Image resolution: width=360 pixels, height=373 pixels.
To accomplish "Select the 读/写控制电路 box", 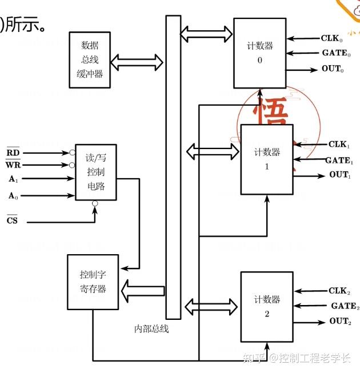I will click(95, 172).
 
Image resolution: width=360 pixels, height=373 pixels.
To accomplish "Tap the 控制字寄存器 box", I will click(93, 282).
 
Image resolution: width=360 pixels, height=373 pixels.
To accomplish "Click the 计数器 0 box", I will click(259, 53).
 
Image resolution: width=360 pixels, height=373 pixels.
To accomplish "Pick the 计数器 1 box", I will click(267, 159).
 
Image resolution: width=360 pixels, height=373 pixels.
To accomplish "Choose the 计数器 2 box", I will click(267, 307).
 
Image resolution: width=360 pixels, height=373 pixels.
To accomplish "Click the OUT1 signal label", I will click(339, 175).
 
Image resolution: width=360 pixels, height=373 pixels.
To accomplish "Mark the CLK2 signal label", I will click(339, 291).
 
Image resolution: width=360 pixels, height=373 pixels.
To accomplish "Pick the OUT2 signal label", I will click(339, 322).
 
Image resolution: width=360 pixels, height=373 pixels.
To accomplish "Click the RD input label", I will click(13, 153).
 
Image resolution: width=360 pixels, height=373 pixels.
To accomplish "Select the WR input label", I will click(13, 165).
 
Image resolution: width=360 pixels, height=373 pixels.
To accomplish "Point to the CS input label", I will click(12, 220).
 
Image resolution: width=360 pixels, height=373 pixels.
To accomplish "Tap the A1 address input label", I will click(13, 179).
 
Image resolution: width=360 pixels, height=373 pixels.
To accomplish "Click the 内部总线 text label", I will click(151, 329).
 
